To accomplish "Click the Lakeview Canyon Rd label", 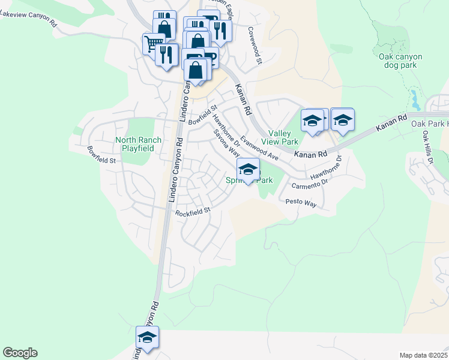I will click(29, 20).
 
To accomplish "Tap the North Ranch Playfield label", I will click(138, 144).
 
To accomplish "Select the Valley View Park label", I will click(283, 137).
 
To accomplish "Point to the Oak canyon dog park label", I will click(400, 61).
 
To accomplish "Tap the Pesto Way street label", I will click(301, 203).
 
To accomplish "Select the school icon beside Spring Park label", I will click(248, 170).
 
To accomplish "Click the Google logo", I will click(20, 353).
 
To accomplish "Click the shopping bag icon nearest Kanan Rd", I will click(196, 70).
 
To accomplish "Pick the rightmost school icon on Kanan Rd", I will click(342, 120).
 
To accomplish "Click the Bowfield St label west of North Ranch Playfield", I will click(101, 155).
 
